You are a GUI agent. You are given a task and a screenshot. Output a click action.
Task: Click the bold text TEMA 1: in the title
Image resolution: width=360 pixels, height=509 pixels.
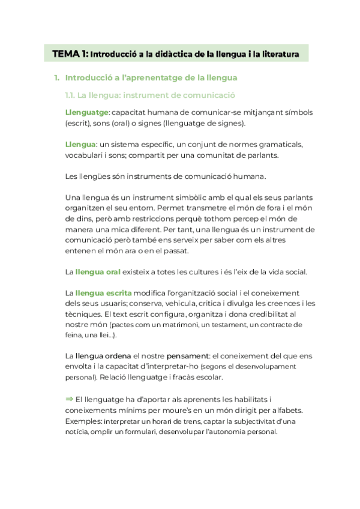[x=71, y=54]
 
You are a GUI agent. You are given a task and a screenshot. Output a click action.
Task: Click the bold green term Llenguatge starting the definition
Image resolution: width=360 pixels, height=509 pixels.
[x=86, y=112]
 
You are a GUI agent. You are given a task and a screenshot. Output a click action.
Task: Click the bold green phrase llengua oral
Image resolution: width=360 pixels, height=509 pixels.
[x=98, y=272]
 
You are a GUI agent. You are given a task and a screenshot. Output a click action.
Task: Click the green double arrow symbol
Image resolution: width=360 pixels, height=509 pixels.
[x=69, y=399]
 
